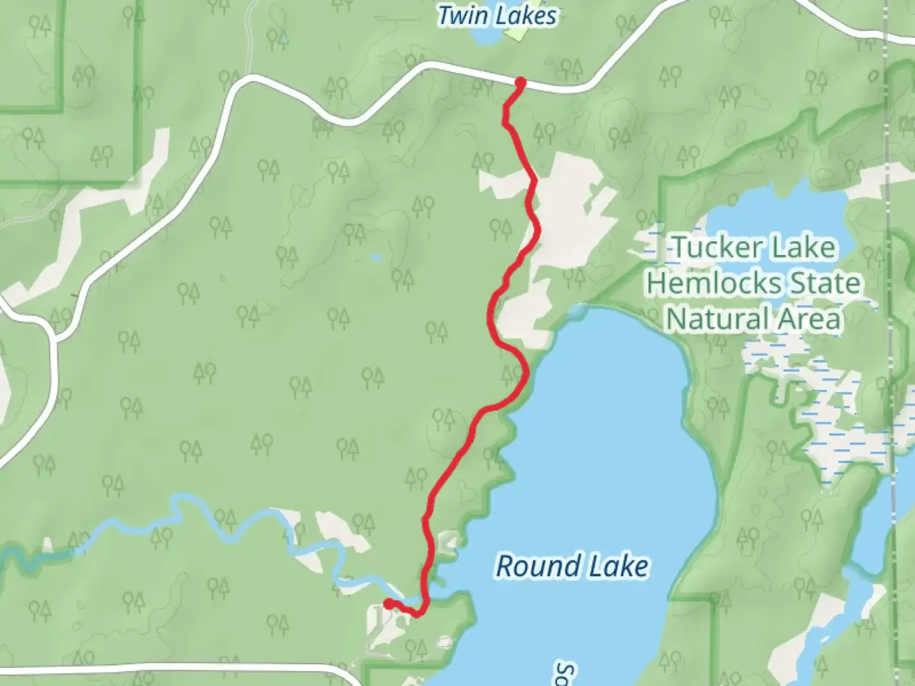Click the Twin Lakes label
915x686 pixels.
497,16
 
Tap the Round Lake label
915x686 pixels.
572,566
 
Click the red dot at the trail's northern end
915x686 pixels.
520,82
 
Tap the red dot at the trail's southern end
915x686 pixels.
388,604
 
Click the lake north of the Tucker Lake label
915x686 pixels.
775,210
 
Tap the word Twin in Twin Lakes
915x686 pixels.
463,16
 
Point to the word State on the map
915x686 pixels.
825,283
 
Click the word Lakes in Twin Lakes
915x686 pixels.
527,16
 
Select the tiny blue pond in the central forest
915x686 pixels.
376,258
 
